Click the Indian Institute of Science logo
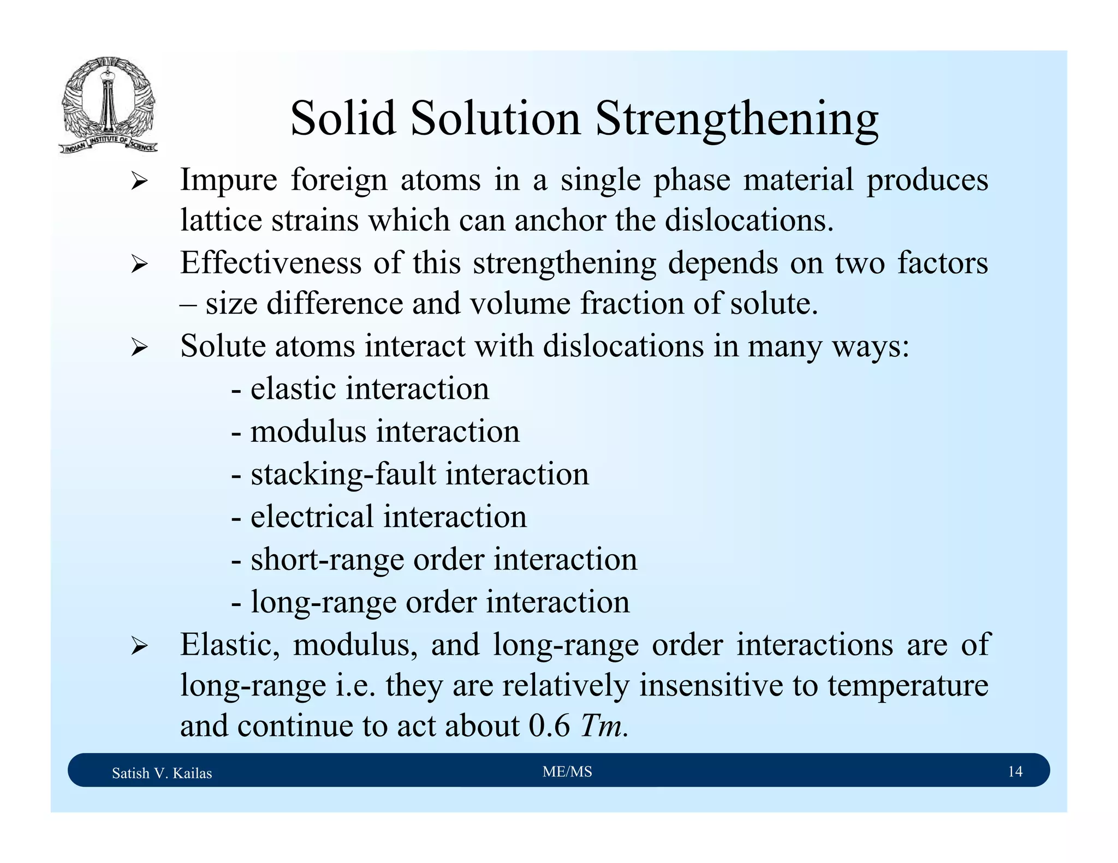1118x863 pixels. click(x=108, y=105)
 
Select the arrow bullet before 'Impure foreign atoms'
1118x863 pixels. click(x=139, y=182)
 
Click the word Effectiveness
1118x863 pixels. click(x=271, y=263)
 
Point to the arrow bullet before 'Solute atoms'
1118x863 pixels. click(x=139, y=347)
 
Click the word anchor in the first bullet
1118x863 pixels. click(x=560, y=220)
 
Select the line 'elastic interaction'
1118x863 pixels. click(x=360, y=389)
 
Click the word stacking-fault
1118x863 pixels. click(x=343, y=474)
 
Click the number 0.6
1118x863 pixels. click(x=549, y=726)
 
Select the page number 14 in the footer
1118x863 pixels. click(x=1015, y=771)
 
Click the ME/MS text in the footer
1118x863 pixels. click(x=567, y=771)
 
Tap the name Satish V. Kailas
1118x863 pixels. click(x=162, y=773)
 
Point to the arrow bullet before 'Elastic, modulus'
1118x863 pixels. click(x=139, y=647)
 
